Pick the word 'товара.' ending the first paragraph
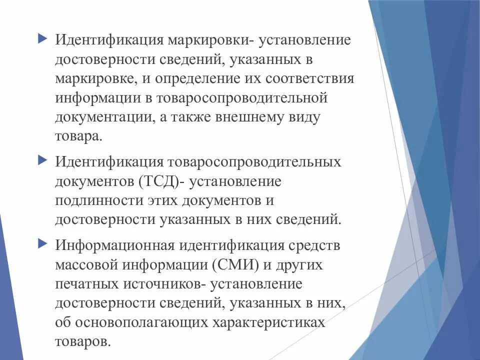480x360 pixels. tap(78, 137)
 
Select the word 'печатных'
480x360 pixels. tap(85, 284)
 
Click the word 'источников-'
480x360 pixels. tap(162, 284)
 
